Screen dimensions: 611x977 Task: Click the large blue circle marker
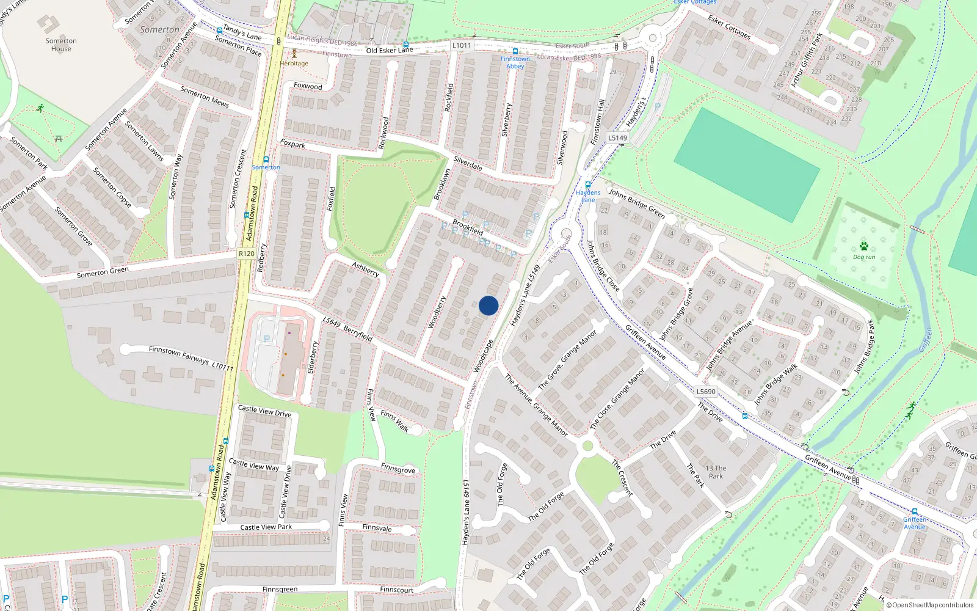click(488, 305)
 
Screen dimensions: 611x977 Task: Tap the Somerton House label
click(61, 45)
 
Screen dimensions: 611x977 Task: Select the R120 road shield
click(247, 254)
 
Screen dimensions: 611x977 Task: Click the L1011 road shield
click(462, 45)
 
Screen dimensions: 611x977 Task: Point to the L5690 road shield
click(706, 392)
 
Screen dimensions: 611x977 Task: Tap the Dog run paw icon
click(864, 246)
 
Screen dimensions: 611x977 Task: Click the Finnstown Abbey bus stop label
click(515, 62)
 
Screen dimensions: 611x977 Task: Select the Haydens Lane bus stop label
click(588, 196)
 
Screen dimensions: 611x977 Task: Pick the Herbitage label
click(294, 64)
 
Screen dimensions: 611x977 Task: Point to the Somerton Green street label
click(103, 273)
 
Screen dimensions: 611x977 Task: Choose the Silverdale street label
click(468, 163)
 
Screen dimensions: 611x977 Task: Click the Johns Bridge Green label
click(636, 203)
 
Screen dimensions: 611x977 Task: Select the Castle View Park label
click(266, 527)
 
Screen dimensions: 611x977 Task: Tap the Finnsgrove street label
click(398, 469)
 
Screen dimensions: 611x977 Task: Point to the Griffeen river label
click(926, 340)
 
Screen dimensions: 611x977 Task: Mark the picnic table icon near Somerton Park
click(59, 139)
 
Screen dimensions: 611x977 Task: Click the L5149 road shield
click(617, 138)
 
